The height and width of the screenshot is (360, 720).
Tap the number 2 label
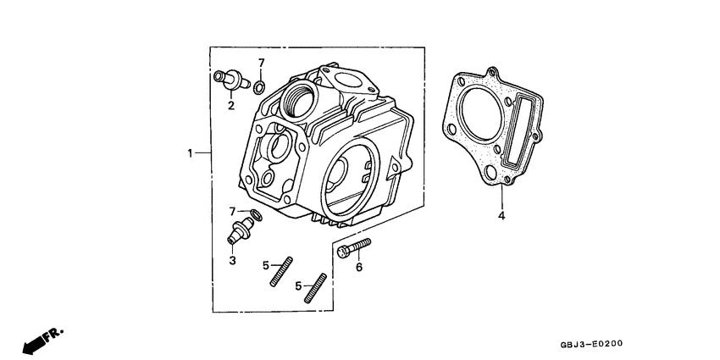(x=230, y=105)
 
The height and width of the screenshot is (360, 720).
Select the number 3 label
(x=231, y=260)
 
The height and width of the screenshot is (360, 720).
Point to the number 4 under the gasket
(x=501, y=217)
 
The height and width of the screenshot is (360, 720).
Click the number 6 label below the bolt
(x=358, y=267)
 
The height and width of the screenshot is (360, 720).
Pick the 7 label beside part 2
(x=262, y=63)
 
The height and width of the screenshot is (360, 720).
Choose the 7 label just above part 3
(x=231, y=210)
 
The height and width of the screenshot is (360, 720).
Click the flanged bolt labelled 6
(x=353, y=247)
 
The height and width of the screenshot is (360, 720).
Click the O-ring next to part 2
(x=261, y=84)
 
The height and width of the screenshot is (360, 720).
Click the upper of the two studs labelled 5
(x=281, y=271)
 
